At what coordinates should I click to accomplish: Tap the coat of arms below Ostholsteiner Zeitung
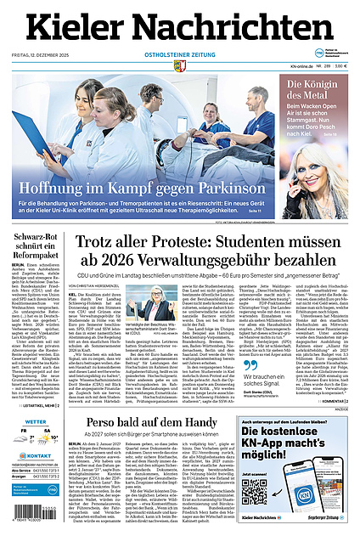point(179,65)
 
